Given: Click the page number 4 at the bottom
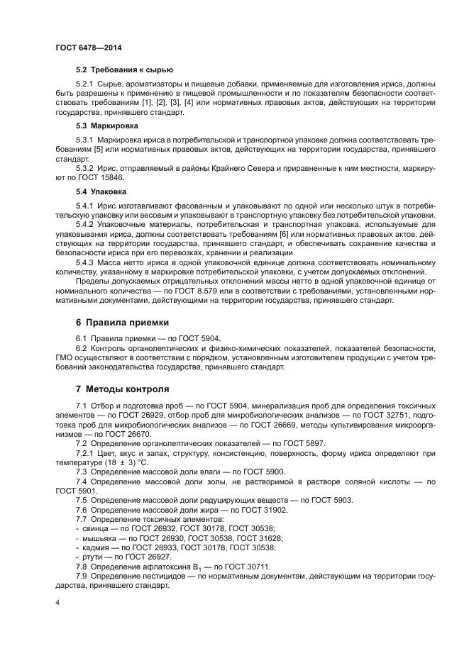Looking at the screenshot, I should point(57,602).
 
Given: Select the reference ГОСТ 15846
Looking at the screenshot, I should point(103,178).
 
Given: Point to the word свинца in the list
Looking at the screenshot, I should point(94,528).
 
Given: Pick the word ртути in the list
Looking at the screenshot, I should point(91,556).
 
